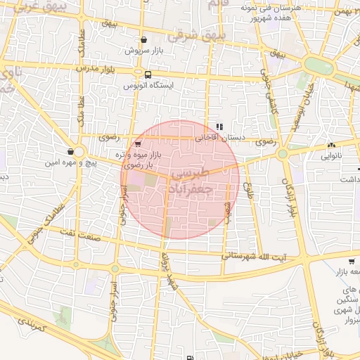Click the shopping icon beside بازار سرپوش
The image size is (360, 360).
[144, 40]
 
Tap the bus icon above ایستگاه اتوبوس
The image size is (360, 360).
[148, 75]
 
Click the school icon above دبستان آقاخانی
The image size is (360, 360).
[219, 127]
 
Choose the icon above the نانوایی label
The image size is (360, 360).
[330, 146]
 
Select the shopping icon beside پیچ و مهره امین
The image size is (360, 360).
[70, 151]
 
